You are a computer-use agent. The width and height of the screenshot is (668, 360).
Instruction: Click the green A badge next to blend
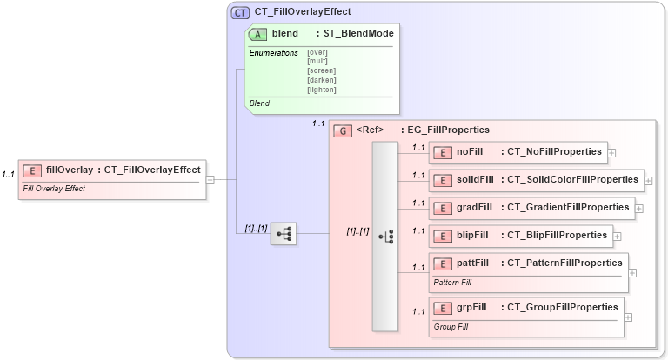tap(258, 34)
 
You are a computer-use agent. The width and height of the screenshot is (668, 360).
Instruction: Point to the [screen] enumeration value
tap(321, 70)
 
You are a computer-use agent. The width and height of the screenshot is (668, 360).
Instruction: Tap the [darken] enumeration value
tap(321, 80)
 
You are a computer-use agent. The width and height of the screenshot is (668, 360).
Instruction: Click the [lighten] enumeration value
tap(322, 90)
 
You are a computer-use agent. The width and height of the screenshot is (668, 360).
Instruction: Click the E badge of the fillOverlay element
tap(33, 170)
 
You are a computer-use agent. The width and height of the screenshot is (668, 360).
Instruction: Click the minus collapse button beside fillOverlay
tap(210, 179)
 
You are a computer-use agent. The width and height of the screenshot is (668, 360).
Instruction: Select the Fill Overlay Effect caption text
tap(54, 189)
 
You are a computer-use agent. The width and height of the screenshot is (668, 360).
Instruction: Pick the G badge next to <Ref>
tap(344, 130)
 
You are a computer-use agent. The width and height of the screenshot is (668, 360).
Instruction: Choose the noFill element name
tap(470, 152)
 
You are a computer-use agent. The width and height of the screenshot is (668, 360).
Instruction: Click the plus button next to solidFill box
tap(648, 181)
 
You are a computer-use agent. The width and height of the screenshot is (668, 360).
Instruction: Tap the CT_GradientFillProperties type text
tap(568, 208)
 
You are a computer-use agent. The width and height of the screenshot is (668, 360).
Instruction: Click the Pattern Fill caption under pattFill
tap(453, 283)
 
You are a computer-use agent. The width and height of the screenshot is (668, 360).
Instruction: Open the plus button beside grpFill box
tap(628, 317)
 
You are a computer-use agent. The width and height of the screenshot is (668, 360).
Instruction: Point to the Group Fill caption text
tap(451, 327)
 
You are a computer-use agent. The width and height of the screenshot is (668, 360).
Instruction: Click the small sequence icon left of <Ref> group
tap(284, 234)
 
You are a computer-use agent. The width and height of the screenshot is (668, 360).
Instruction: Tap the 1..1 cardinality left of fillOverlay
tap(9, 175)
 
